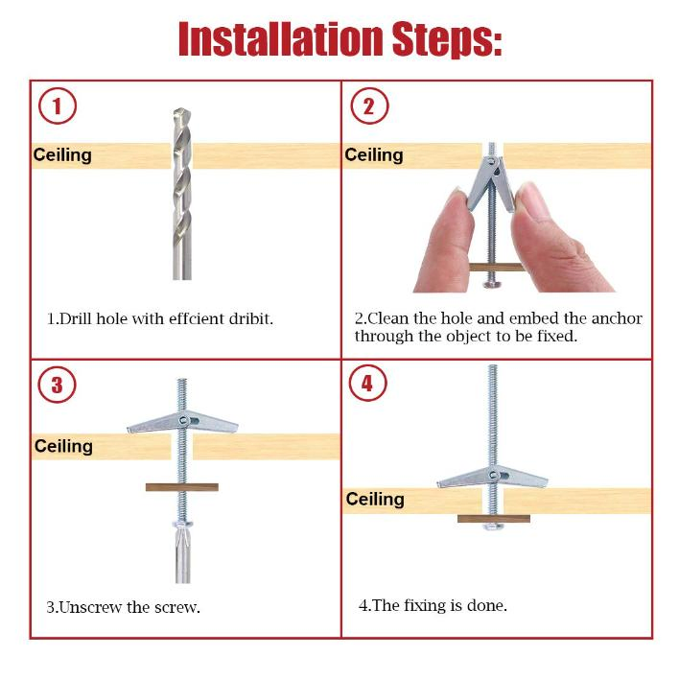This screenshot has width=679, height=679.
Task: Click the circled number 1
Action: [x=58, y=105]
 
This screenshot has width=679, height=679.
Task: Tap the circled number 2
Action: [x=369, y=105]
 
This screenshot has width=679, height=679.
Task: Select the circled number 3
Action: [x=58, y=385]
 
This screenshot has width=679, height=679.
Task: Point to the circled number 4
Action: [x=367, y=383]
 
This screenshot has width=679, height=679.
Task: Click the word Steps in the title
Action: [x=447, y=39]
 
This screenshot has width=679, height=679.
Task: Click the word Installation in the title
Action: [x=281, y=39]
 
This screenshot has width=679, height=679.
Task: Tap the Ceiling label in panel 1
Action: [x=62, y=155]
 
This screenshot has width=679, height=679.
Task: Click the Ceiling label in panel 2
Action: [x=374, y=155]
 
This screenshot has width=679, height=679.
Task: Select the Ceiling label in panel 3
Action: [x=63, y=446]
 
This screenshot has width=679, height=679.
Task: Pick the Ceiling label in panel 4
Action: [x=375, y=499]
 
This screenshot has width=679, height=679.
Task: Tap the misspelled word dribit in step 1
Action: [x=251, y=318]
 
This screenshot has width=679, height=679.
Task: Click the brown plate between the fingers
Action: [x=496, y=267]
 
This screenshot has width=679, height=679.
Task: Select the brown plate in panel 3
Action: [x=182, y=487]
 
